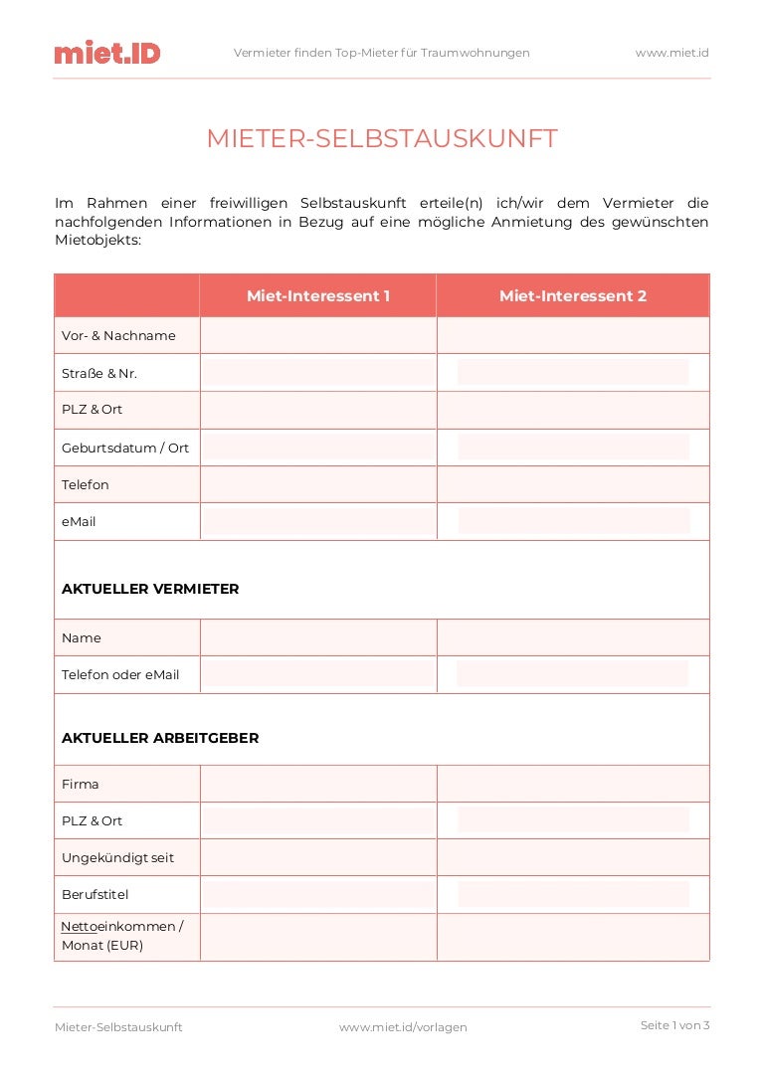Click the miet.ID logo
(107, 53)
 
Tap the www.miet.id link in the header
(671, 53)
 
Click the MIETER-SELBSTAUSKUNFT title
(382, 139)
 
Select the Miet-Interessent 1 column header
(318, 296)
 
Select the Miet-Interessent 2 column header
(573, 296)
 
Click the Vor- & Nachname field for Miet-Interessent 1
(318, 336)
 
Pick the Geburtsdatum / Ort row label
(125, 448)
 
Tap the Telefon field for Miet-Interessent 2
(573, 485)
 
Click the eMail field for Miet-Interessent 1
(318, 521)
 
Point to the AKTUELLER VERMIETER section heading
(150, 589)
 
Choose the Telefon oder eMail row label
(120, 674)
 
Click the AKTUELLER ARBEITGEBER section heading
(160, 738)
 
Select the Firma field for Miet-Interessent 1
(318, 784)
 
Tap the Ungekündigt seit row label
(117, 857)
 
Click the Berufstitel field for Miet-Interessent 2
(573, 894)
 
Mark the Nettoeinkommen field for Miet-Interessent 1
(318, 936)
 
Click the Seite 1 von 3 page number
(674, 1025)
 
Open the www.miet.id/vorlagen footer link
(403, 1027)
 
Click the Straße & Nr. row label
(99, 374)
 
